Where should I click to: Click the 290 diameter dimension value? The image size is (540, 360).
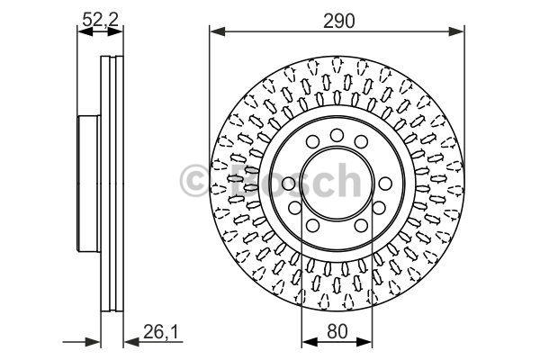pos(338,21)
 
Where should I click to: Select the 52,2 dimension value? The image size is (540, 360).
pos(100,20)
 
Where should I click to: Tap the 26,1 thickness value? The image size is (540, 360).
pos(160,333)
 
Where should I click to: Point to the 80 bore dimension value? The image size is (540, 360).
pos(337,332)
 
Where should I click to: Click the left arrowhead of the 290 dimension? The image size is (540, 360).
pos(217,32)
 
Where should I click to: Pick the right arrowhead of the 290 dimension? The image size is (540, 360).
pos(456,32)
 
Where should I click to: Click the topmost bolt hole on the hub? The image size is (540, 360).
pos(337,135)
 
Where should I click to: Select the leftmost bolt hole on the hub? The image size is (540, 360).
pos(289,184)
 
